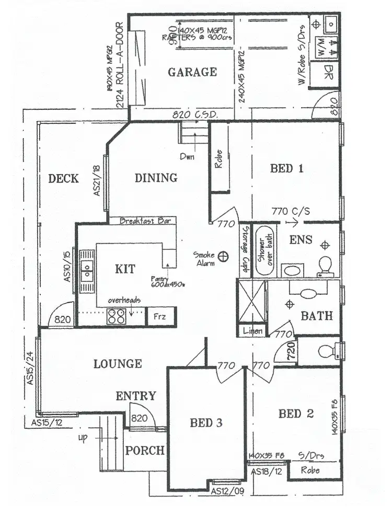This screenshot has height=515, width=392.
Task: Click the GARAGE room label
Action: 192,72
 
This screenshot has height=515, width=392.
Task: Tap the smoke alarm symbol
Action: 224,256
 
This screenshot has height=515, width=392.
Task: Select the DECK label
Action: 63,179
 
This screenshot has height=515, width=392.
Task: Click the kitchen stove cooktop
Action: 115,316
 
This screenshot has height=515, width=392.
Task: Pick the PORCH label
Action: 145,450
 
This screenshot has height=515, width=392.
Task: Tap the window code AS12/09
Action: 228,491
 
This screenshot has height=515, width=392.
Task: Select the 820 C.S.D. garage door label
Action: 195,115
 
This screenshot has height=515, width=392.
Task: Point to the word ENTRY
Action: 136,396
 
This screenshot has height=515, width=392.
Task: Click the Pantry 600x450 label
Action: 168,282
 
